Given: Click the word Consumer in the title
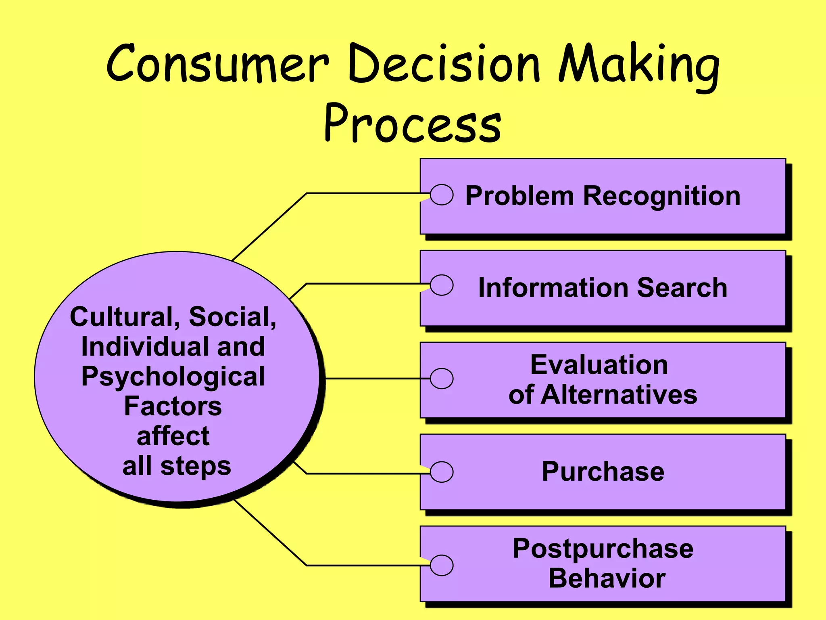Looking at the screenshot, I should (218, 65).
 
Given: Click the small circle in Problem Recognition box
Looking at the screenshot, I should (442, 195).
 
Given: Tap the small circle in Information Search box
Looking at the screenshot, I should (442, 285).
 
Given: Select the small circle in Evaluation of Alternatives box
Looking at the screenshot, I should (442, 379).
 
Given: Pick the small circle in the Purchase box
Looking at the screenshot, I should (442, 472).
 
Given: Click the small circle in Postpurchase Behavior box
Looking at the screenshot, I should (442, 565).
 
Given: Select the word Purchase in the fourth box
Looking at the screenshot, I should (603, 471).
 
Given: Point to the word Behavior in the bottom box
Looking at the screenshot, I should (607, 578).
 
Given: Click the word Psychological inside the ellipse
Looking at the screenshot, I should (173, 377).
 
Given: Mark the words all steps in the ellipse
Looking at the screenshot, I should (176, 466).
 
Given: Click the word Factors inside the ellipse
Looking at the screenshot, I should (173, 406).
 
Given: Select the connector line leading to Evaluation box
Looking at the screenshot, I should (375, 379).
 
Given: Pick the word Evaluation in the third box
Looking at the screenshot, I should (599, 365).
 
